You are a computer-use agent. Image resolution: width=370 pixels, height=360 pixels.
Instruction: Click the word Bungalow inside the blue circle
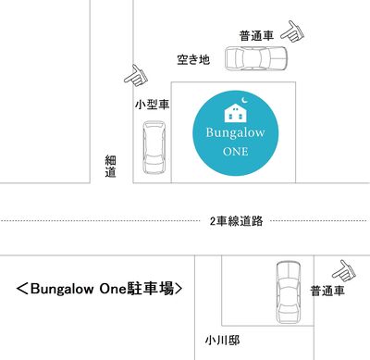click(235, 133)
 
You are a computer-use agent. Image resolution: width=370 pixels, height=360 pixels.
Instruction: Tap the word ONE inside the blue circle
click(236, 152)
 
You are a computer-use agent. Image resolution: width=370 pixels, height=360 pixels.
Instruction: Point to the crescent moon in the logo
click(244, 100)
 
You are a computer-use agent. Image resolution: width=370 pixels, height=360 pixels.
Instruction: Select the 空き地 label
click(193, 59)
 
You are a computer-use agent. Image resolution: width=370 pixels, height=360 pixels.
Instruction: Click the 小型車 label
click(153, 105)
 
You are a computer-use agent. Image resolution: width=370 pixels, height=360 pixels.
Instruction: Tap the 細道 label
click(111, 167)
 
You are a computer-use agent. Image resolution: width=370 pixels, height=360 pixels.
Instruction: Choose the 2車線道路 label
click(236, 221)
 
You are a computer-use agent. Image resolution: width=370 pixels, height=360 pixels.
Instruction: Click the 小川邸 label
click(222, 341)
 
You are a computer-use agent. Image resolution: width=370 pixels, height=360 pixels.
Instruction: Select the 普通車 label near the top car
click(256, 36)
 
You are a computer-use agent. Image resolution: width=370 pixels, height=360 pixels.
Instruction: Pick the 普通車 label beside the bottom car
click(327, 291)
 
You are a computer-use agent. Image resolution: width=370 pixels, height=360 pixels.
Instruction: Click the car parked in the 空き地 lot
click(256, 58)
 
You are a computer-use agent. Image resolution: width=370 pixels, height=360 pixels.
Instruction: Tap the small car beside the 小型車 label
click(154, 147)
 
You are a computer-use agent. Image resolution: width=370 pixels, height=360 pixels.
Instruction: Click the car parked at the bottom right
click(288, 292)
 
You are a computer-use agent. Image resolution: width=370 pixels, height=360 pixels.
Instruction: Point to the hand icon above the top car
click(292, 31)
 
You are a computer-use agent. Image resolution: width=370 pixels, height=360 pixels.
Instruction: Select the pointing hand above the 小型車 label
click(136, 75)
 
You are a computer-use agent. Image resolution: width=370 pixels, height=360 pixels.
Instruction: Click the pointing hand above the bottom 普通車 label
click(344, 271)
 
